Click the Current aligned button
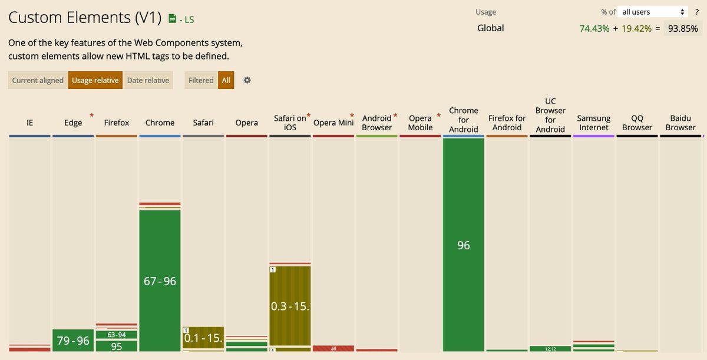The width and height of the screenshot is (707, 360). [x=38, y=80]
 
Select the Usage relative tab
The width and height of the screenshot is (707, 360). [x=95, y=80]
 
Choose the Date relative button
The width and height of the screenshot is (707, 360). [x=148, y=80]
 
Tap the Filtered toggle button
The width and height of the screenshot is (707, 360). [x=201, y=80]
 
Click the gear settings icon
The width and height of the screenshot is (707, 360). [x=247, y=80]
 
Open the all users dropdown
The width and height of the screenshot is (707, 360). [x=653, y=12]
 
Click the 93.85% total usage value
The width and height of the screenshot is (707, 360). [x=682, y=28]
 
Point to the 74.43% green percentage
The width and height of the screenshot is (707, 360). [x=594, y=28]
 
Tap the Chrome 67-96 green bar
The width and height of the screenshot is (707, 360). [x=160, y=280]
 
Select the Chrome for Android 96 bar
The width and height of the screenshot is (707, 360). [x=464, y=245]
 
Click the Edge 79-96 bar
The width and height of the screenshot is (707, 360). [x=73, y=341]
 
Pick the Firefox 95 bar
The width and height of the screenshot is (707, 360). [x=117, y=346]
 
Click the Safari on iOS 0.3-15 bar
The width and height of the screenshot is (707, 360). [x=290, y=306]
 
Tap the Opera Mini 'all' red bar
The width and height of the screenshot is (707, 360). [x=333, y=348]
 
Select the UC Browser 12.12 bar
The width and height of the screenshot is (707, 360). [x=550, y=349]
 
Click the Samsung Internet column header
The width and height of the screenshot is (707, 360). [x=594, y=123]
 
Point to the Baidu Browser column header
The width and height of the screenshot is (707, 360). [x=680, y=123]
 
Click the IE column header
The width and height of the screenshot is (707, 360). [x=30, y=123]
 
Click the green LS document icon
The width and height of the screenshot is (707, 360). [x=172, y=19]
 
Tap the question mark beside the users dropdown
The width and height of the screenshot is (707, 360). [x=697, y=12]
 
